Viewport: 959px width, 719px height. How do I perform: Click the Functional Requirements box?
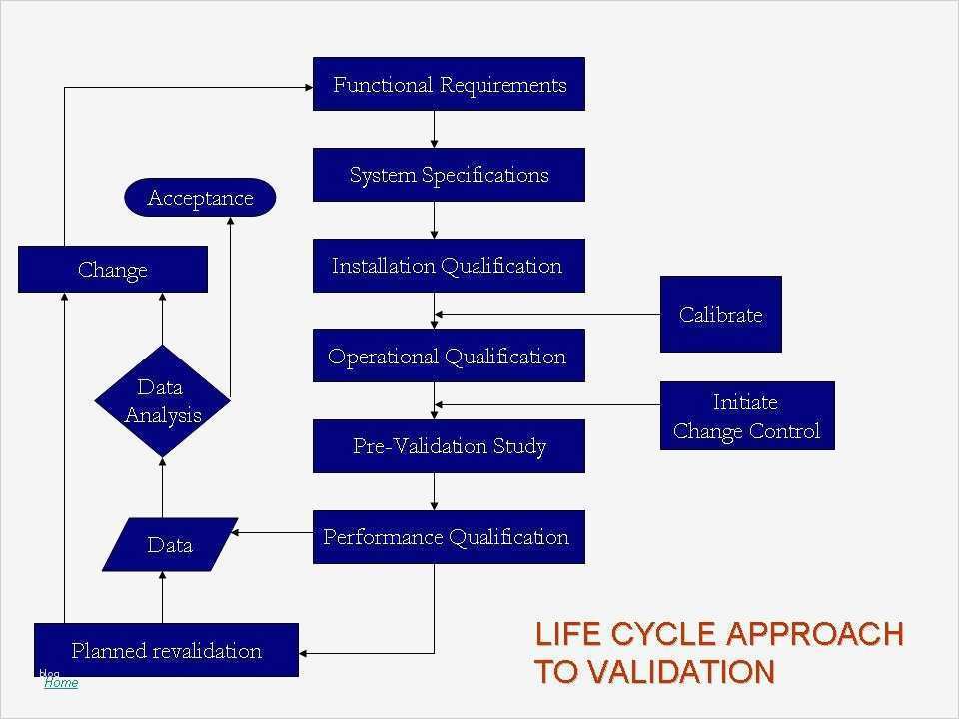pos(449,84)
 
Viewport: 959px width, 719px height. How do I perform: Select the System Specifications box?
pos(449,175)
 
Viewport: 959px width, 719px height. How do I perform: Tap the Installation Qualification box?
pos(449,266)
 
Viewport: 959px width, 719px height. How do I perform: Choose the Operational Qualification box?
pos(449,357)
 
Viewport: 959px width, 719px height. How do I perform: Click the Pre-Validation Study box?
pos(449,446)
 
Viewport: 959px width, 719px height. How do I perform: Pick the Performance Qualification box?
pos(449,537)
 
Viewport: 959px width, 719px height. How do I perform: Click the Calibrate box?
pos(720,315)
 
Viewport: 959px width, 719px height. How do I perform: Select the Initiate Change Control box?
pos(746,416)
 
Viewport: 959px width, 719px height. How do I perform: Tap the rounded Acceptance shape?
pos(200,198)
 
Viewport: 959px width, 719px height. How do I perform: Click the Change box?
pos(113,270)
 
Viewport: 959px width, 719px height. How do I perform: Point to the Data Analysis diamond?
pos(162,401)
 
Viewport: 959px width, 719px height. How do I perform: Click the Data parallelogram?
pos(170,545)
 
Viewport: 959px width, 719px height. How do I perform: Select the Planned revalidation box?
pos(166,651)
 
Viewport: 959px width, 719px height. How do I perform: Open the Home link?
pos(61,682)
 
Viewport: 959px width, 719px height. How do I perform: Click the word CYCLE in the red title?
pos(664,634)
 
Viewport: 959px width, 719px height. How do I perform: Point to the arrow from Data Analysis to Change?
pos(162,320)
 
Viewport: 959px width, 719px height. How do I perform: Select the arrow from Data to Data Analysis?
pos(162,487)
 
